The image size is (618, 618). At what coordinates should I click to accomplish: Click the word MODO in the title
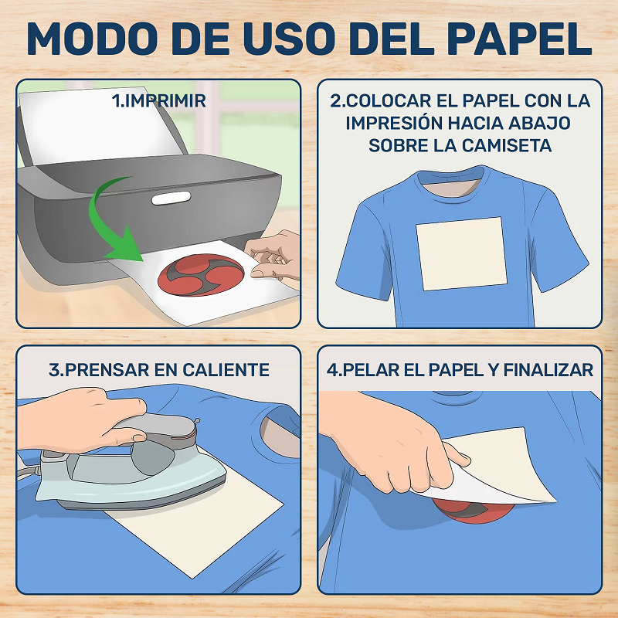(x=92, y=39)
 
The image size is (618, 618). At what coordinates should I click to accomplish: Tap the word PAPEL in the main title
(x=519, y=39)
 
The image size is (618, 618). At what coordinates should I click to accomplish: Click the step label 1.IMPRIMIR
(x=159, y=101)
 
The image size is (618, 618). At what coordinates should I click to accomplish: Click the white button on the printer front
(x=171, y=198)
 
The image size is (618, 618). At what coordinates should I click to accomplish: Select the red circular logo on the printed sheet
(x=201, y=275)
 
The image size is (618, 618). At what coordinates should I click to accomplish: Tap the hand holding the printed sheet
(x=273, y=256)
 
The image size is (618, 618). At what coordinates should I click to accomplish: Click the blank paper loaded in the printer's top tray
(x=99, y=125)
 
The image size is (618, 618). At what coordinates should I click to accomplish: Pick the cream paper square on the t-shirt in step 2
(x=461, y=254)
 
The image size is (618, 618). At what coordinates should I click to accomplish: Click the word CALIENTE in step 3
(x=226, y=370)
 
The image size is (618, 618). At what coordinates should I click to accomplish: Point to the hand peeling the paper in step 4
(x=394, y=441)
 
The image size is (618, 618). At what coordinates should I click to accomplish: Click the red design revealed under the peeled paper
(x=473, y=511)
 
